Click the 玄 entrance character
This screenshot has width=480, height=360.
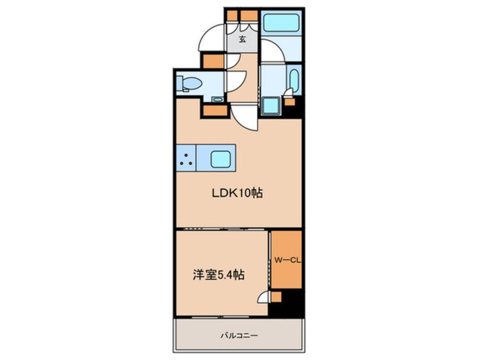point(242,40)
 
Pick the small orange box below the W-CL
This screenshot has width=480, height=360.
point(276,296)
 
